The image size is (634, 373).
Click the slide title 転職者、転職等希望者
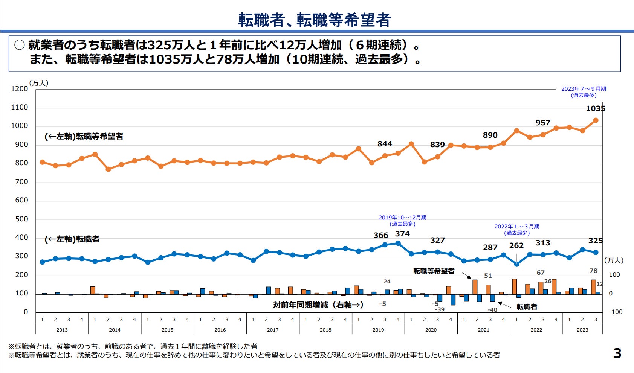(315, 20)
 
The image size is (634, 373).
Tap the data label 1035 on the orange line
(595, 109)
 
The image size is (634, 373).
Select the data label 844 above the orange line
(385, 144)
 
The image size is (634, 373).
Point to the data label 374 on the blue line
(402, 234)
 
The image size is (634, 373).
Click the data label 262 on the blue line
(516, 245)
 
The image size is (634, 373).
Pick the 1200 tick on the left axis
(20, 89)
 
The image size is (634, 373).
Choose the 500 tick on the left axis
(21, 219)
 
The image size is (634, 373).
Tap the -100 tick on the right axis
(616, 312)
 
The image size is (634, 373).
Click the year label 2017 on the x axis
(273, 330)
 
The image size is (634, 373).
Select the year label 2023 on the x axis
(582, 330)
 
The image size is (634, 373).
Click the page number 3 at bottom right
(617, 353)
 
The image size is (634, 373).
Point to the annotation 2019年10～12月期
(402, 218)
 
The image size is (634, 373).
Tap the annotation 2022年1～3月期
(517, 227)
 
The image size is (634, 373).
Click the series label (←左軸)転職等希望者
(84, 136)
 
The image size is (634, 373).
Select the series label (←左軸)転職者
(72, 239)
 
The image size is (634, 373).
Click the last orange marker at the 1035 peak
(596, 120)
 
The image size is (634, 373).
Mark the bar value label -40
(492, 310)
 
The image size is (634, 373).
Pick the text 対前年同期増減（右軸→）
(318, 305)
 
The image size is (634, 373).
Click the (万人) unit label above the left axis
(39, 83)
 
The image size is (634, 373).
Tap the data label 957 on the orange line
(542, 123)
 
